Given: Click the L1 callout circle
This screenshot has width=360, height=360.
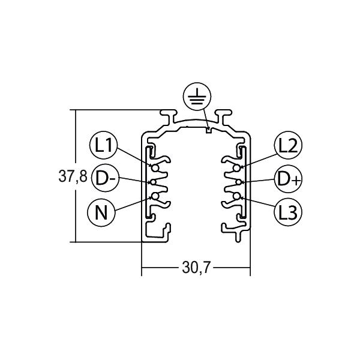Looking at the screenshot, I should point(104,145).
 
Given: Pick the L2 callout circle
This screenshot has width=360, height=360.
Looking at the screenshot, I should point(289,145).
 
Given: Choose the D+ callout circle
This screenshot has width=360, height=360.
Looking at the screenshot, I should point(287,178).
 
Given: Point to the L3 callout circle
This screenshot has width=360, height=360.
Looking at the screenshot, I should point(288,211).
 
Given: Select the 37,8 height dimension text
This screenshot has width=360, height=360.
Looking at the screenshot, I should point(73,177).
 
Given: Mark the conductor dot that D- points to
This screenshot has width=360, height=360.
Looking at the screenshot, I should point(154,182).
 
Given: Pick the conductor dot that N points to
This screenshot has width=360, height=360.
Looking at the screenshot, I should point(154,196).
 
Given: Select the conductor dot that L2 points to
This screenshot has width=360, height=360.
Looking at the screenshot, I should point(238,167).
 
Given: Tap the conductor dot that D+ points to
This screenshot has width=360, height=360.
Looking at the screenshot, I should point(238,182).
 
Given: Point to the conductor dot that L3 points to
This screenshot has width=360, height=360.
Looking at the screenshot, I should point(238,196).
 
